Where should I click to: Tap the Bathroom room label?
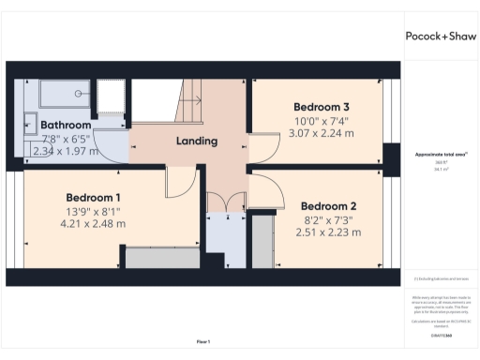(x=66, y=125)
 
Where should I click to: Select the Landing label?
(x=197, y=142)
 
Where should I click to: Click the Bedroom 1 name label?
(x=93, y=198)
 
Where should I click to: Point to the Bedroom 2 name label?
(x=328, y=206)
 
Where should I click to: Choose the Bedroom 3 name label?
(x=322, y=107)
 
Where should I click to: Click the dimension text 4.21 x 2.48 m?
(x=93, y=224)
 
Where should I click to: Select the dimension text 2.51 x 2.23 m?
(x=328, y=232)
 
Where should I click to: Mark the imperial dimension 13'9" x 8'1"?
(x=93, y=212)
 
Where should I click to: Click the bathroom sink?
(x=29, y=122)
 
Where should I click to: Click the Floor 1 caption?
(x=203, y=341)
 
